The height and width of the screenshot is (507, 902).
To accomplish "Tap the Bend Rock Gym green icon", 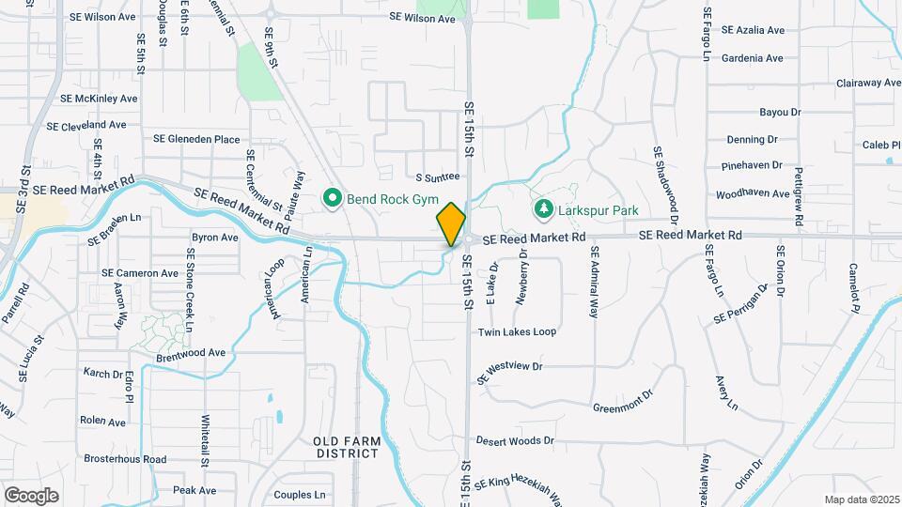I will [332, 198].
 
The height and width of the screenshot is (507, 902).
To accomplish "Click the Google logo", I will [31, 495].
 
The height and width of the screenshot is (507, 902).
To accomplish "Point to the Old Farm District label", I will [346, 446].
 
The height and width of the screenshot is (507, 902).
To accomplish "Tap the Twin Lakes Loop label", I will [517, 332].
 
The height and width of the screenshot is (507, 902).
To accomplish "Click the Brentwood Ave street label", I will [192, 353].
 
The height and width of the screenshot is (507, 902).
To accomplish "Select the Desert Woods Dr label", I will [515, 440].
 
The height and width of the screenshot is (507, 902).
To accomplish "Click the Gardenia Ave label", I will [752, 58].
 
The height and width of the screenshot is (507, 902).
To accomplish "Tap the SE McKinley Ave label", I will [99, 98].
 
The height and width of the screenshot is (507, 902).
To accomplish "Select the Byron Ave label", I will [215, 238].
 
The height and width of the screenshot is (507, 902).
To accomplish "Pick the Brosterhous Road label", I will [125, 459].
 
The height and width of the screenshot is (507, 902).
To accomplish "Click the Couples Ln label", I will [299, 495].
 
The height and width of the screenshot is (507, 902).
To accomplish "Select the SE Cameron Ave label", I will [140, 273].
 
